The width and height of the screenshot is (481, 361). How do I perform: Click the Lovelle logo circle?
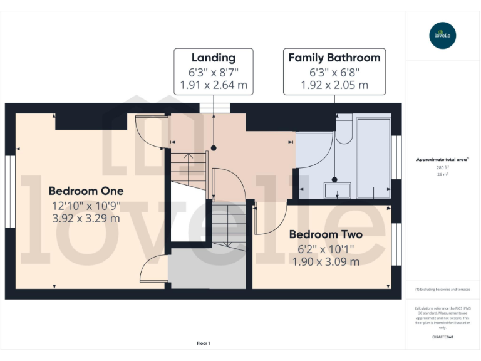[x=443, y=35]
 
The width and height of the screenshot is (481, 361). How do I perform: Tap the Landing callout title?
[x=214, y=58]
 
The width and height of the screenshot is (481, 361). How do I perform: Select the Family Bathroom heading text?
[x=334, y=58]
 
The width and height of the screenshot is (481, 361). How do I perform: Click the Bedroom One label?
[x=86, y=191]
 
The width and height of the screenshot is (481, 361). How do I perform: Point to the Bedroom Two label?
[x=326, y=234]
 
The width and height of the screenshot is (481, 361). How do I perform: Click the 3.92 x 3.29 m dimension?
[x=86, y=219]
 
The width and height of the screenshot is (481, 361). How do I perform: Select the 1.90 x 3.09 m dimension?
[x=326, y=262]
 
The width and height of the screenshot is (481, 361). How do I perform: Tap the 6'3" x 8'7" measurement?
[x=214, y=71]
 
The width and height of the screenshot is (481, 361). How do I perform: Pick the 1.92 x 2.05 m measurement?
[x=334, y=85]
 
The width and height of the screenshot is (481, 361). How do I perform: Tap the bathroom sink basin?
[x=336, y=190]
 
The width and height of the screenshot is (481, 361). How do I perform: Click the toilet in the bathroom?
[x=344, y=132]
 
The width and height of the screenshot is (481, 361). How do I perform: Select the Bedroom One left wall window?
[x=9, y=192]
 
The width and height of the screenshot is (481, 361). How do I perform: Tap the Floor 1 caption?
[x=204, y=343]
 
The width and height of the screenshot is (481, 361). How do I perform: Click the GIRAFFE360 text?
[x=443, y=338]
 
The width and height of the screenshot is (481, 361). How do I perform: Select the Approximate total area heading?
[x=442, y=160]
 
